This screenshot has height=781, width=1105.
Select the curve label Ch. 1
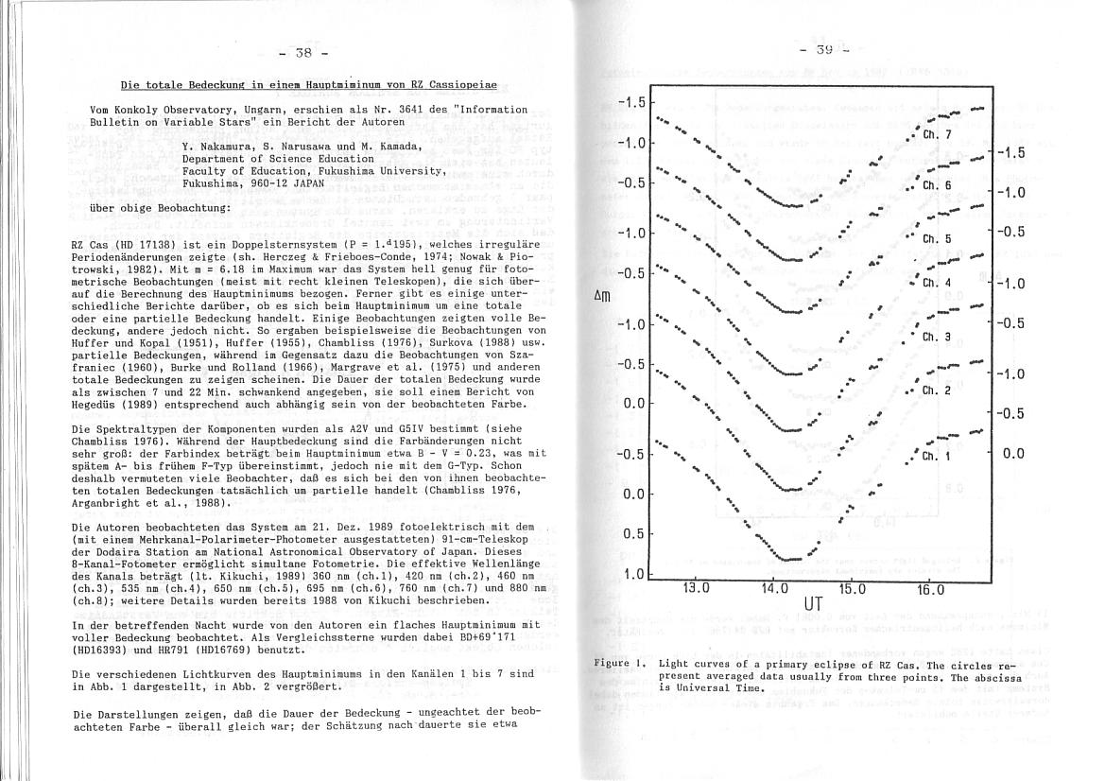tap(934, 458)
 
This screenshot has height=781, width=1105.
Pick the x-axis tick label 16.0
tap(931, 590)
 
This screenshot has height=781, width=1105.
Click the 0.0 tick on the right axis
tap(1013, 454)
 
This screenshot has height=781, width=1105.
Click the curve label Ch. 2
tap(936, 390)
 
